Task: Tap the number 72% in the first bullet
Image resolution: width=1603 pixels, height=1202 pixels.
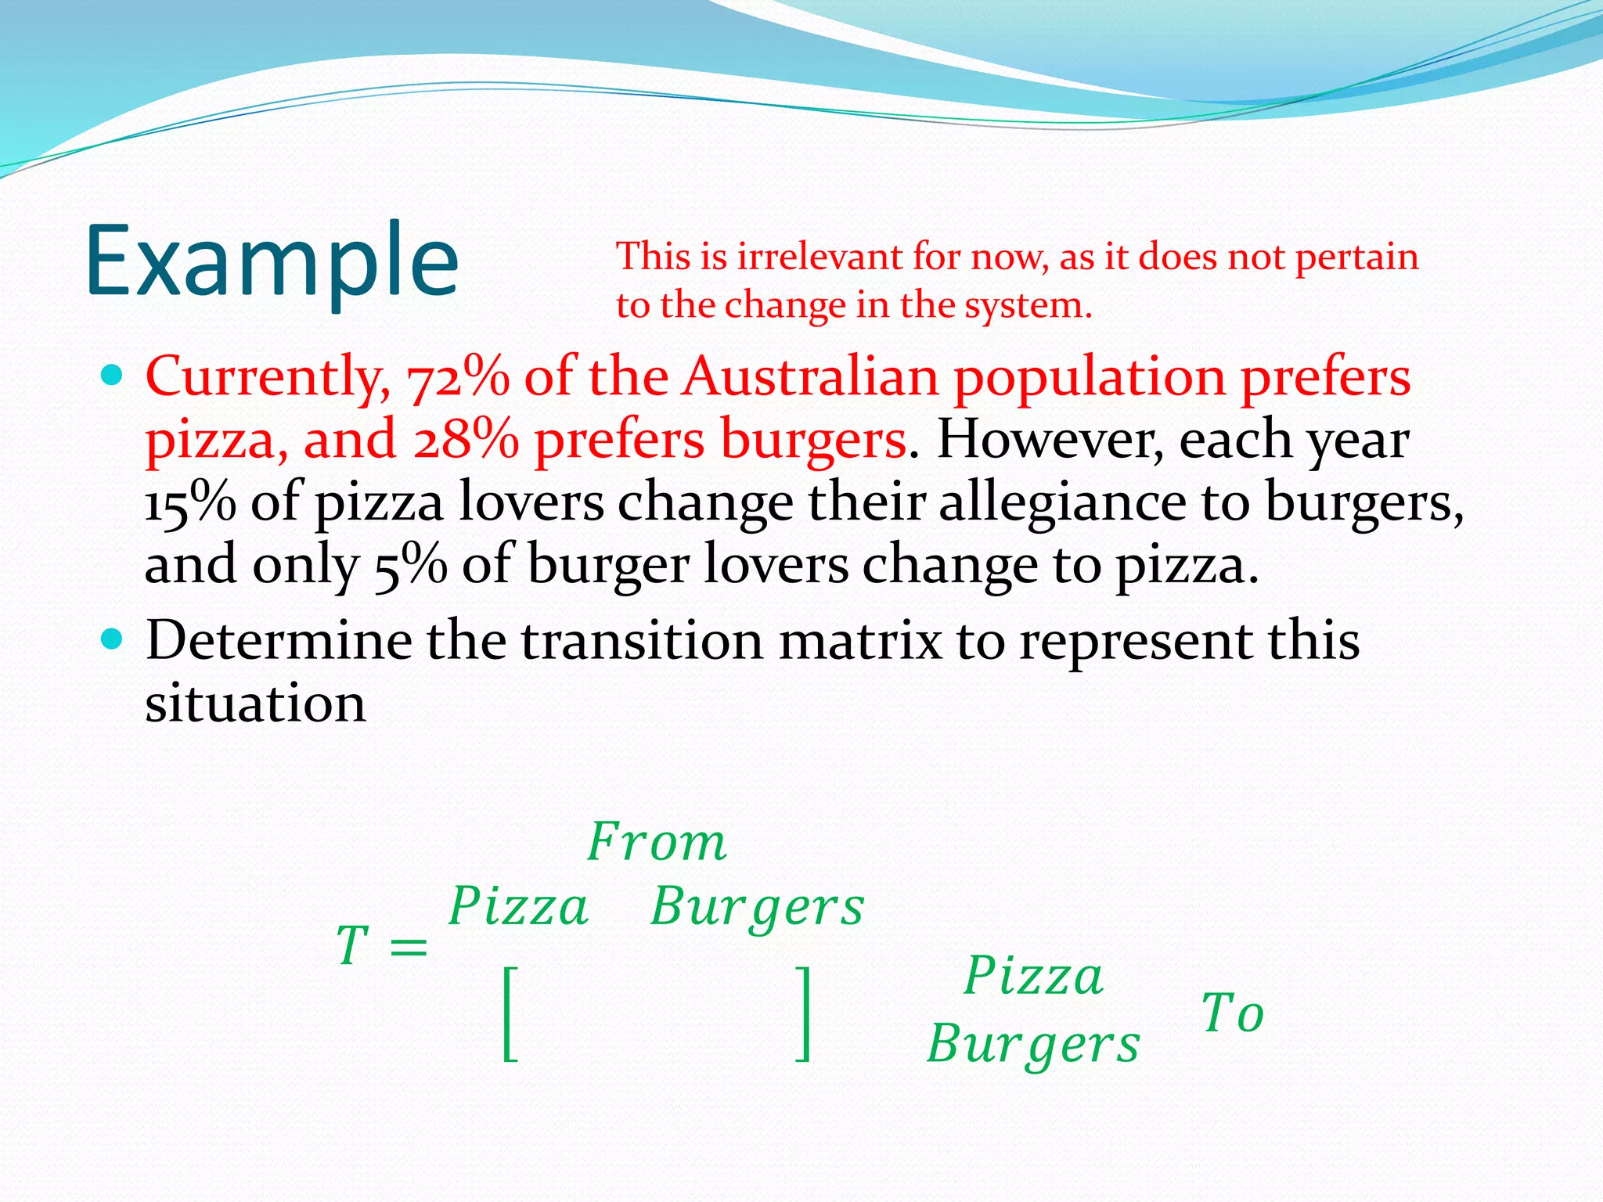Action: (x=458, y=377)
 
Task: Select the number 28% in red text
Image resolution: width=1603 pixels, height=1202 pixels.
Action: (x=466, y=440)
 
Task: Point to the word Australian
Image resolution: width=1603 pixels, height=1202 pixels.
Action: (x=810, y=377)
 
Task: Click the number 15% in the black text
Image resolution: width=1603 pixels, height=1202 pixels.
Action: (x=190, y=502)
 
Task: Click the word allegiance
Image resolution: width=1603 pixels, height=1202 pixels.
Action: (x=1062, y=502)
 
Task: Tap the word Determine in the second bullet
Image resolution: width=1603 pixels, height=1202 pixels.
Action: (x=279, y=641)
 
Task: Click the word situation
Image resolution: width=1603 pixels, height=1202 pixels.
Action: (x=255, y=704)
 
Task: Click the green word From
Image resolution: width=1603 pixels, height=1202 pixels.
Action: (x=657, y=843)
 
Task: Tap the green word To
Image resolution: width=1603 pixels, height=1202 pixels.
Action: (x=1232, y=1013)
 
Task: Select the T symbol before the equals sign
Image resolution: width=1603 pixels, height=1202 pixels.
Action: (x=352, y=945)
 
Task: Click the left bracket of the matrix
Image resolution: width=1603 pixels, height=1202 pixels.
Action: (x=510, y=1013)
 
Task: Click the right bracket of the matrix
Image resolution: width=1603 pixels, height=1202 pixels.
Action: (x=802, y=1013)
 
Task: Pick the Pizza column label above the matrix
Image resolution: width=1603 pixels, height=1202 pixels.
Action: (x=518, y=907)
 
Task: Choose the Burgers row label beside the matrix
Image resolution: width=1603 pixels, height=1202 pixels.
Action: (x=1033, y=1045)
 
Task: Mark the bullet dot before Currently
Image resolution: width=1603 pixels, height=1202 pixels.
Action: (x=113, y=376)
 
